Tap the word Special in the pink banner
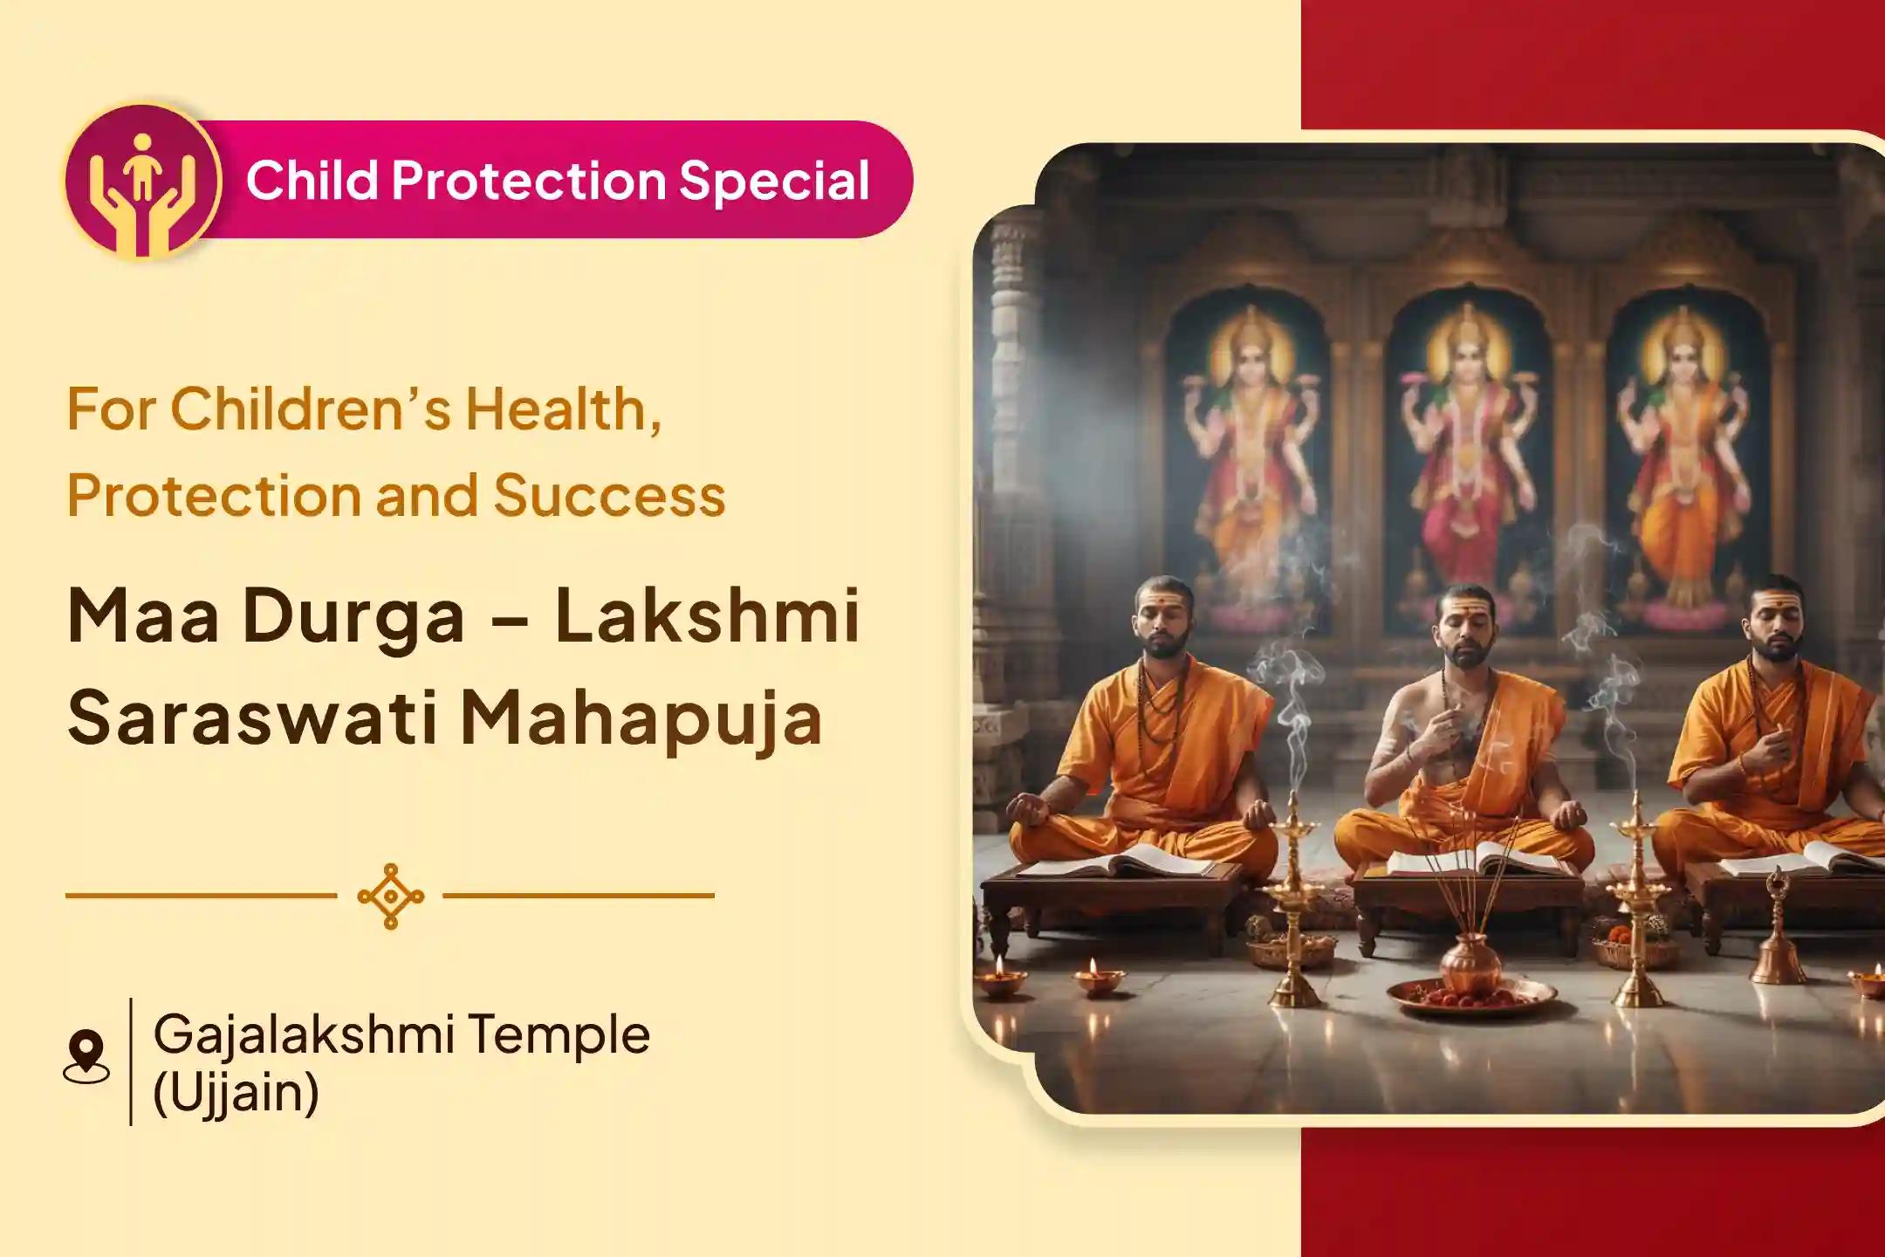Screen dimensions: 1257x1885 [x=774, y=181]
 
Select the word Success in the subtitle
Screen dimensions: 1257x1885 [x=609, y=496]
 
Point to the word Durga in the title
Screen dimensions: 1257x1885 [x=353, y=616]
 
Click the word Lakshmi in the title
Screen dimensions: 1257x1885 [x=707, y=616]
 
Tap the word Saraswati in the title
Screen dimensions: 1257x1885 [x=251, y=718]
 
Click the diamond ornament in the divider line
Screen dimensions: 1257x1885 [x=390, y=896]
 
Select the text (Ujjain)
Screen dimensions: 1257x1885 [x=236, y=1091]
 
